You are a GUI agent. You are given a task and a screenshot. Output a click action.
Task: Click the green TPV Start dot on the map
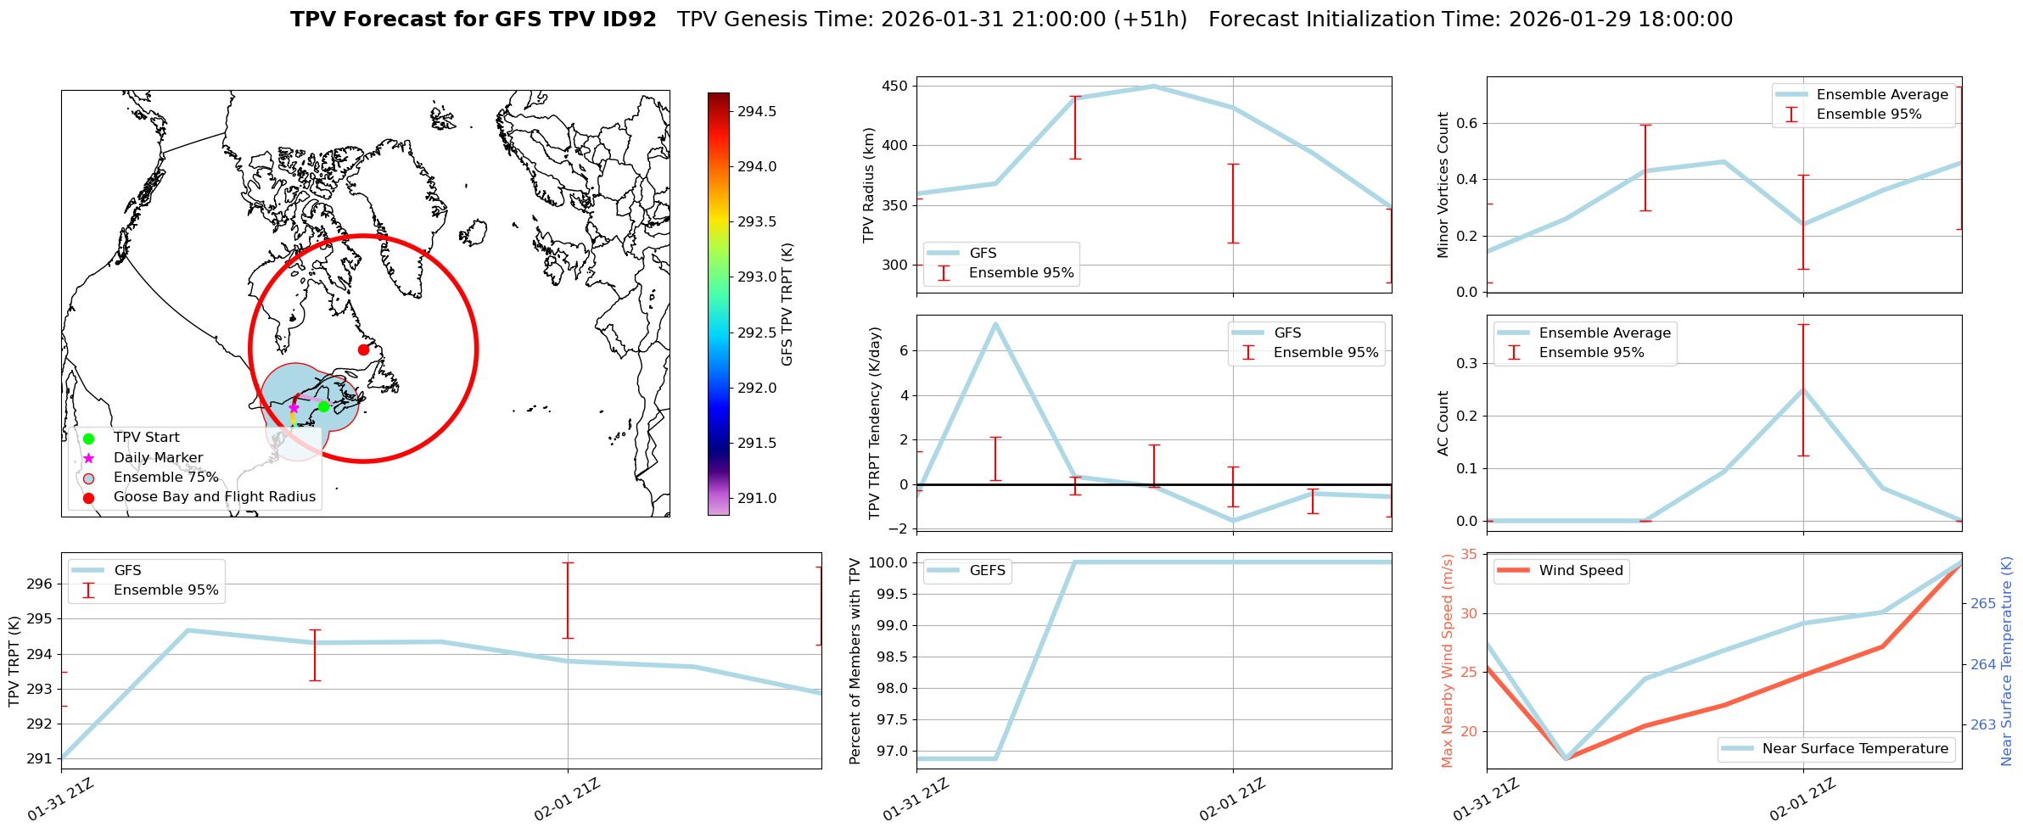323,407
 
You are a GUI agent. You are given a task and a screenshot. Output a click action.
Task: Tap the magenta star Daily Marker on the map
294,408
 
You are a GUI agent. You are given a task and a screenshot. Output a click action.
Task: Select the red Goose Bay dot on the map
363,349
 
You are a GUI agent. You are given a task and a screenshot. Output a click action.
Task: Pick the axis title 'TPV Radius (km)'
869,185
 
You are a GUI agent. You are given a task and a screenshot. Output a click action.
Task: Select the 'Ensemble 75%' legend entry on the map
165,478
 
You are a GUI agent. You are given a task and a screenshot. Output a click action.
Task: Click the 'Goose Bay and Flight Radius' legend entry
214,497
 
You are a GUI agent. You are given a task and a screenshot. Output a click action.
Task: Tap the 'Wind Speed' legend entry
1580,571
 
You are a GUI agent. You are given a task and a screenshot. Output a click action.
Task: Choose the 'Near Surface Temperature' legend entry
1854,749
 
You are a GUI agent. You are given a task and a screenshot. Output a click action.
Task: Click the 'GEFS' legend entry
987,571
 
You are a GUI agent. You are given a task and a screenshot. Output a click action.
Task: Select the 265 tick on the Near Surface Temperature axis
1983,604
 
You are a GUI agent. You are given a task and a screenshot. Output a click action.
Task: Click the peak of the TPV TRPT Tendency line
995,323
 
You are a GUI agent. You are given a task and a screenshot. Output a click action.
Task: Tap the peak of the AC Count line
1803,389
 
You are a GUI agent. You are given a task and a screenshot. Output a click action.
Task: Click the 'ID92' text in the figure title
624,20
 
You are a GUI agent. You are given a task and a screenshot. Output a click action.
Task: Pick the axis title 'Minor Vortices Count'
1443,185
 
